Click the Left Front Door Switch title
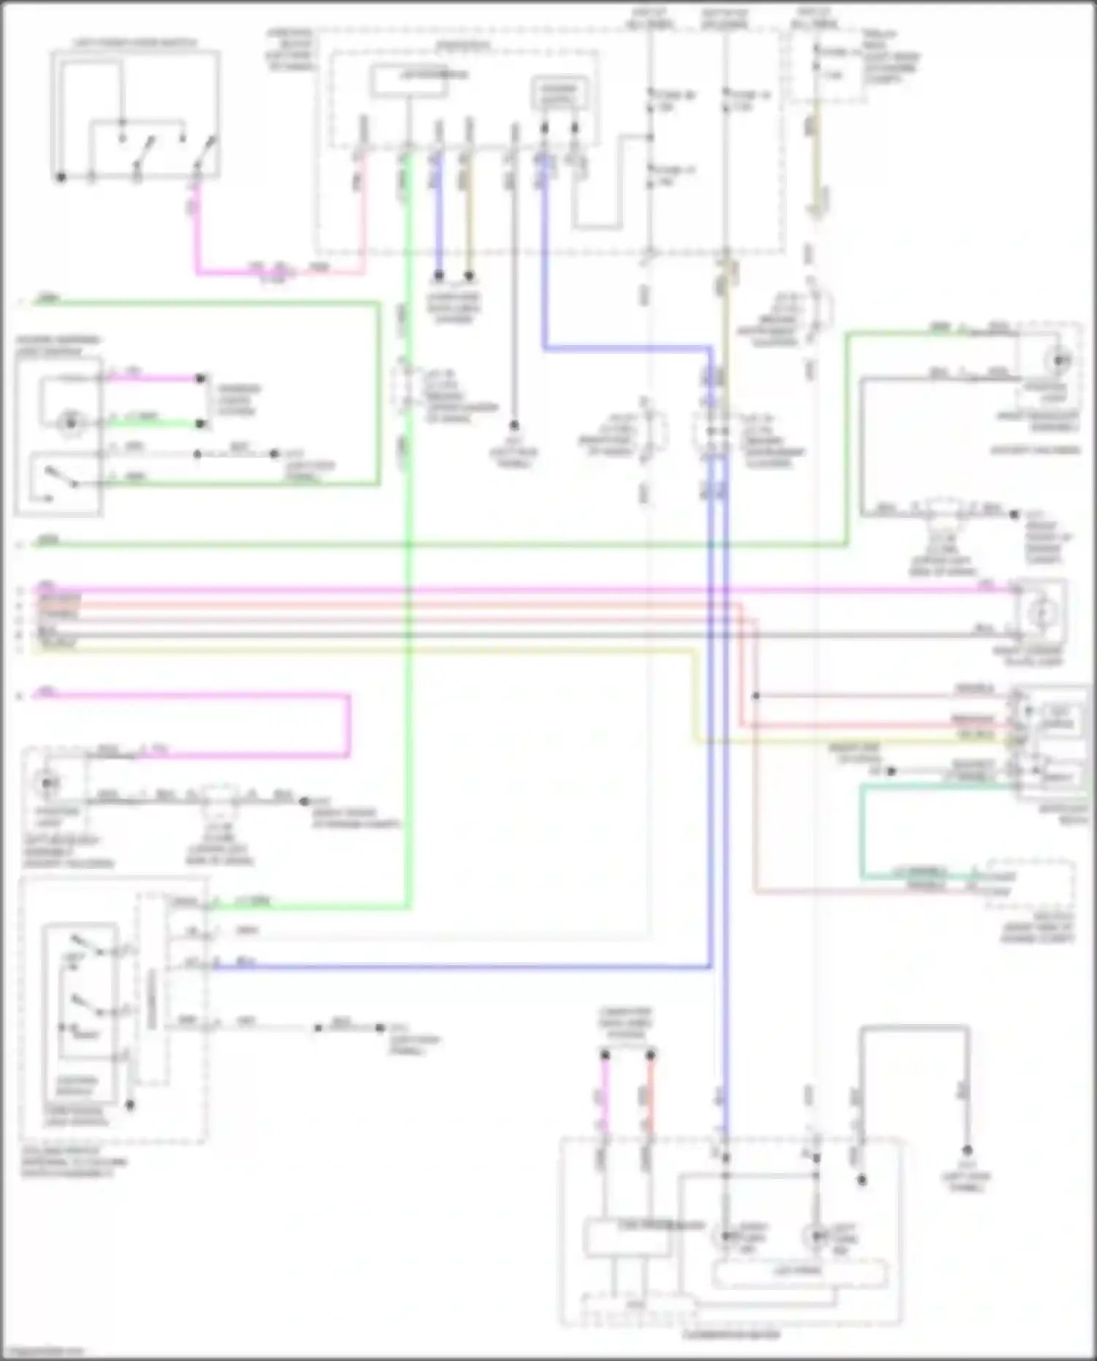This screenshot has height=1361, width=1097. click(135, 43)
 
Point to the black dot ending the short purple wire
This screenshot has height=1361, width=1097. click(439, 276)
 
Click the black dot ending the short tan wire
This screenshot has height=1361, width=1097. click(470, 276)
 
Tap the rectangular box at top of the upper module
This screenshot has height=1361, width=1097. click(409, 80)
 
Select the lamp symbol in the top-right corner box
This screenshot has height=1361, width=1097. click(1058, 360)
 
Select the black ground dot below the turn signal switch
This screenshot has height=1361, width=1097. click(130, 1105)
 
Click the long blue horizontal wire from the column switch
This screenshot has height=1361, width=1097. click(461, 967)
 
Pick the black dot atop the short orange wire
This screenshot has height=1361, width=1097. click(650, 1055)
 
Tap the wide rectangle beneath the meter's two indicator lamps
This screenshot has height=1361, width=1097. click(799, 1273)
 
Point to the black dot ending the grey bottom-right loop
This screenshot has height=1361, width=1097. click(966, 1150)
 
